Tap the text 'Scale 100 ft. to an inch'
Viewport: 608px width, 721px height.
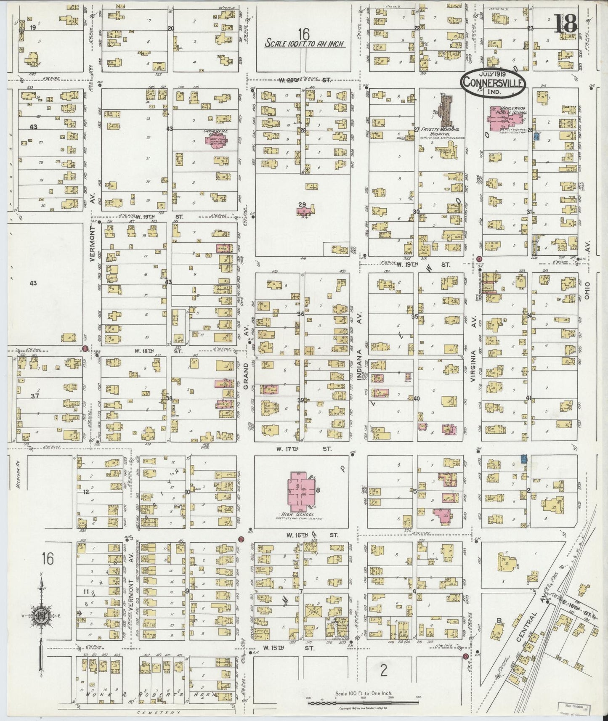305,43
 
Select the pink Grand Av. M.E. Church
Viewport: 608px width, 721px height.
214,138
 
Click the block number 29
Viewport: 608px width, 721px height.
302,205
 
